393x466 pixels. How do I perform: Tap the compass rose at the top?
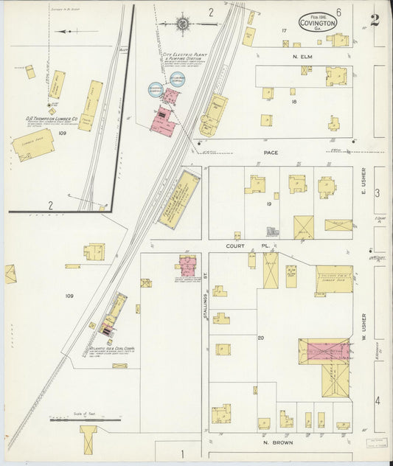tap(182, 24)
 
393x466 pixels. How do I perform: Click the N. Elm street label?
tap(303, 57)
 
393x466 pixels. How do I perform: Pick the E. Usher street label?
tap(364, 180)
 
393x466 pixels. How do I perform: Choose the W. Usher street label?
tap(364, 324)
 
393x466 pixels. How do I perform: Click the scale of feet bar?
tap(85, 420)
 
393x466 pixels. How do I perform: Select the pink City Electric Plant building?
tap(164, 119)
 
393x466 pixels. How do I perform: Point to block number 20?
tap(261, 338)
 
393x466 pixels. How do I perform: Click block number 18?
tap(293, 102)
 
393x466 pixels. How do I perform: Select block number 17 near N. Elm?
tap(283, 30)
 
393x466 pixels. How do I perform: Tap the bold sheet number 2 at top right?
tap(375, 20)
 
